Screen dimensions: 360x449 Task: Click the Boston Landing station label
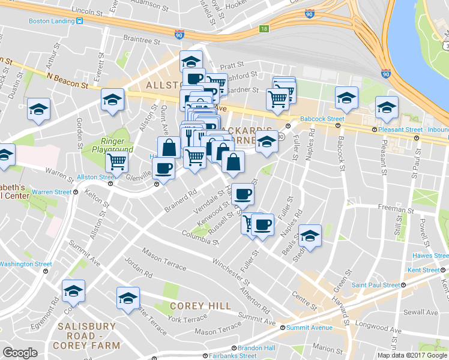pos(50,21)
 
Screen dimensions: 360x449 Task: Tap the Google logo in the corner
pos(20,353)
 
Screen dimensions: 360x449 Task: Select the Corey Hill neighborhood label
pos(200,306)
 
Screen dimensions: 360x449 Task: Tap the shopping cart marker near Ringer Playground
pos(116,161)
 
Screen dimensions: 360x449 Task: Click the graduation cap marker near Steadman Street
pos(310,235)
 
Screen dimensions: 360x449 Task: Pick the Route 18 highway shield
pos(264,28)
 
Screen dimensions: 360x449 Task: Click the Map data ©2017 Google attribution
pos(412,355)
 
